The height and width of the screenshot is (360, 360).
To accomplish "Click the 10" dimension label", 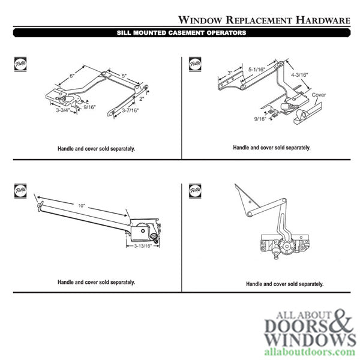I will click(x=82, y=206).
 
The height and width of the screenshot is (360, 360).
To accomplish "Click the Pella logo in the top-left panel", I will click(x=18, y=62).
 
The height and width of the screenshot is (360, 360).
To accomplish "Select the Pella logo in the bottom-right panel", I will click(x=194, y=191).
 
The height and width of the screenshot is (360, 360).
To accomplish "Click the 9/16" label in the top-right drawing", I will click(x=259, y=118).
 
